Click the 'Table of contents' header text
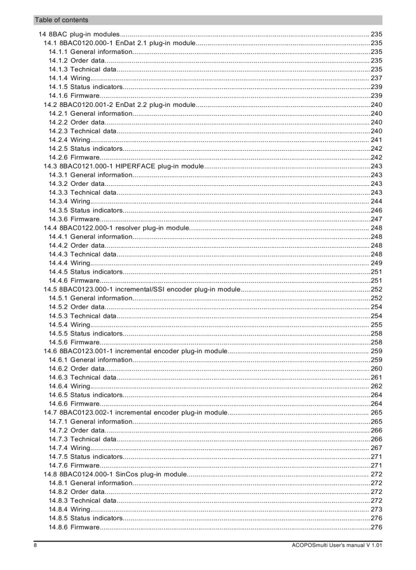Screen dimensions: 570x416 click(x=62, y=20)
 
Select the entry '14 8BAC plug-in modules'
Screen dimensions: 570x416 click(x=80, y=34)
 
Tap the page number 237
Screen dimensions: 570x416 click(x=376, y=78)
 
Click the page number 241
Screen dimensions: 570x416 click(x=376, y=140)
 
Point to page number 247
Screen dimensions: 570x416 click(x=376, y=218)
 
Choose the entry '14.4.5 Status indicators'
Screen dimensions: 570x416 click(x=86, y=271)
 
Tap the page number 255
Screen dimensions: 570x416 click(x=376, y=324)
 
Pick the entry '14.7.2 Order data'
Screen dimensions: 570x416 click(x=77, y=430)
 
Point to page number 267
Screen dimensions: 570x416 click(x=376, y=448)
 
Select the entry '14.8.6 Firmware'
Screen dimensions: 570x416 click(x=74, y=527)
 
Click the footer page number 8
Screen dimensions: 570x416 click(x=35, y=545)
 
